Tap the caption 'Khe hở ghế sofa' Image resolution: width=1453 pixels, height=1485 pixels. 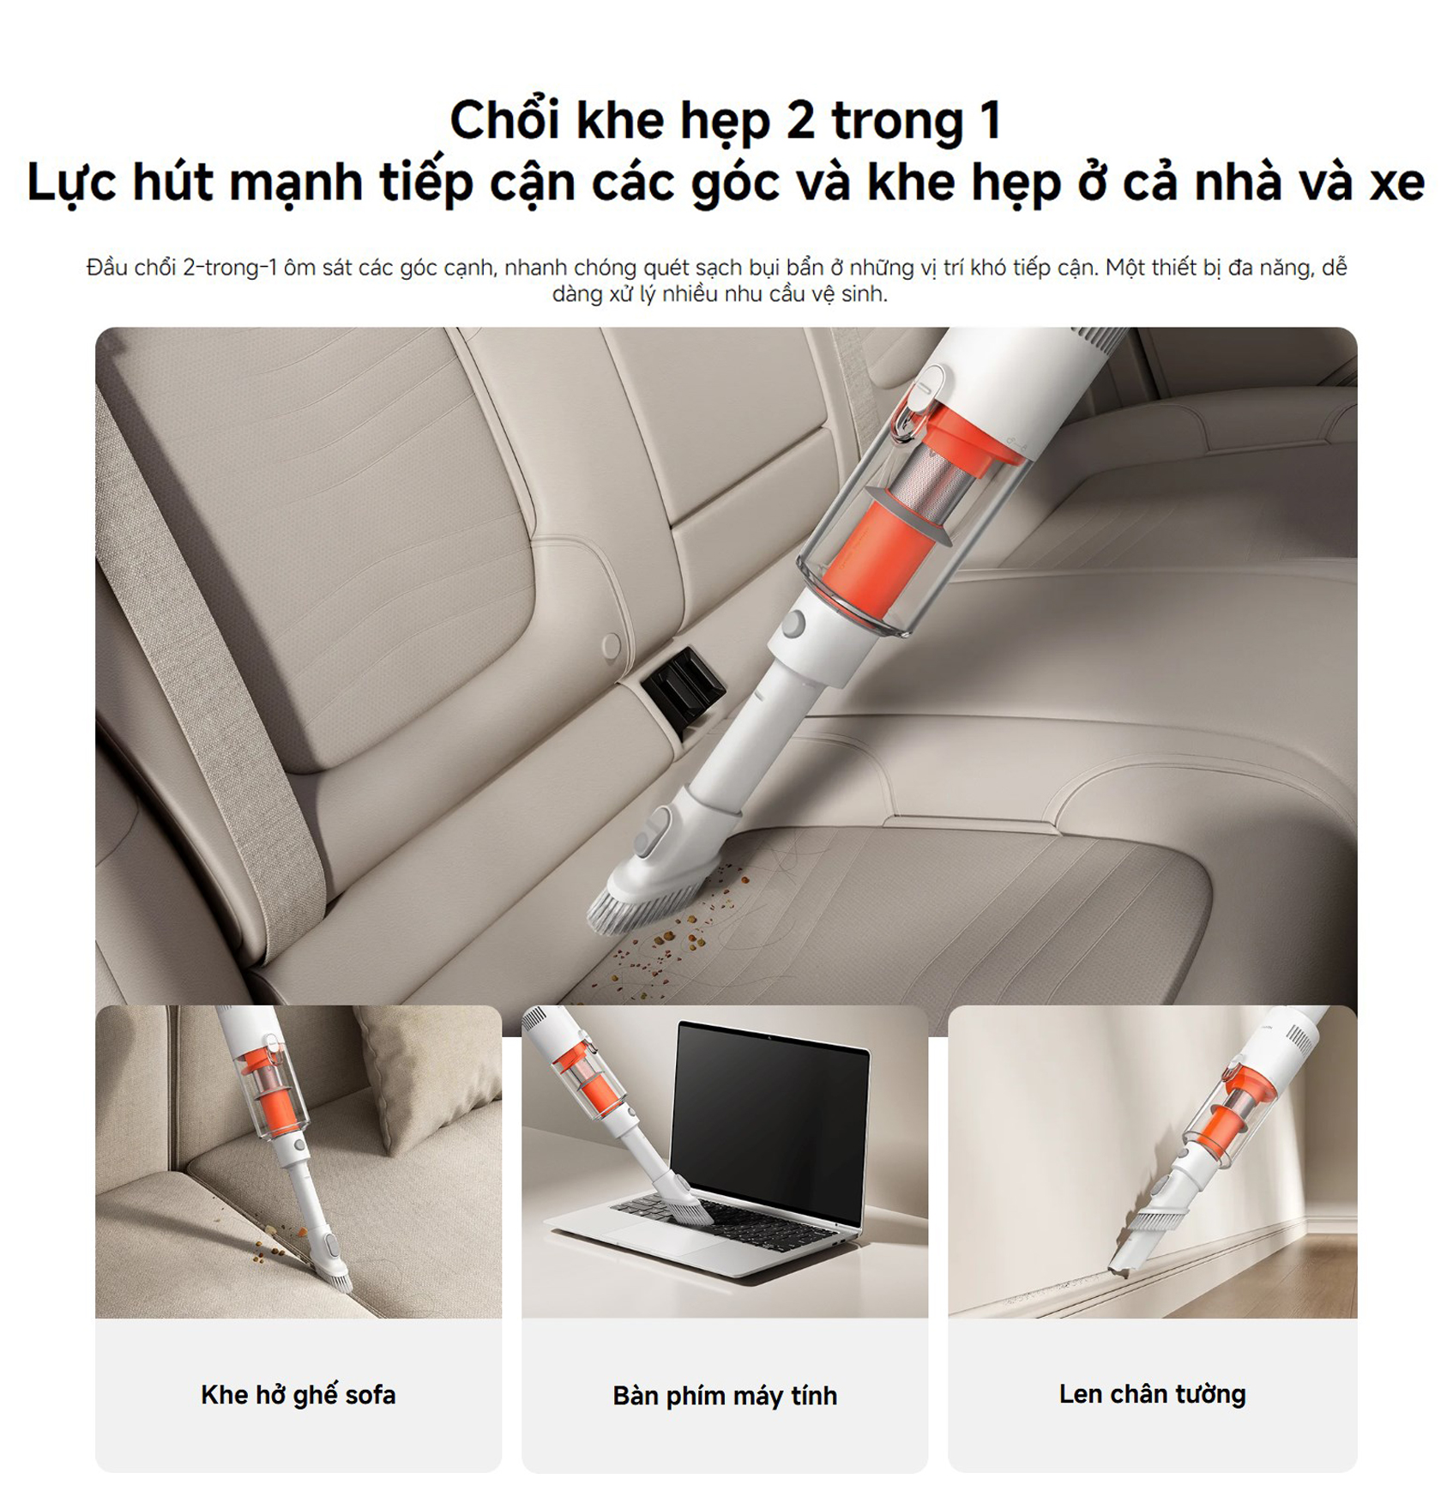[298, 1394]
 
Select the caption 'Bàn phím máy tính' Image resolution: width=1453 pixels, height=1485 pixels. [725, 1395]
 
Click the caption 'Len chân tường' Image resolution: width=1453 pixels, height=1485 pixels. [1152, 1393]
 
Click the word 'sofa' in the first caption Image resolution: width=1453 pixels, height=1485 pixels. [371, 1394]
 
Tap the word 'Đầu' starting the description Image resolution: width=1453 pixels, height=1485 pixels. [106, 268]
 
